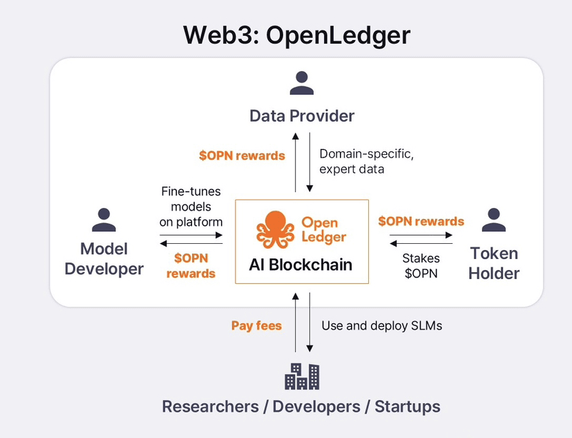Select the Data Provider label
coord(302,115)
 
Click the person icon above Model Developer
coord(104,219)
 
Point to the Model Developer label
coord(104,258)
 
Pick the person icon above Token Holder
coord(493,219)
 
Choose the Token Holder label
coord(493,263)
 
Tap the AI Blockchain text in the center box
coord(301,265)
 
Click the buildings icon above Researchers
coord(302,376)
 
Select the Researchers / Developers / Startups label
coord(301,406)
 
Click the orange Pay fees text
coord(256,325)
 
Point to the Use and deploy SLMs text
coord(382,325)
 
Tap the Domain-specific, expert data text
coord(366,162)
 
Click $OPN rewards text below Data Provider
coord(242,155)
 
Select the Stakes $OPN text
coord(421,265)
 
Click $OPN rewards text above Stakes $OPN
coord(421,222)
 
